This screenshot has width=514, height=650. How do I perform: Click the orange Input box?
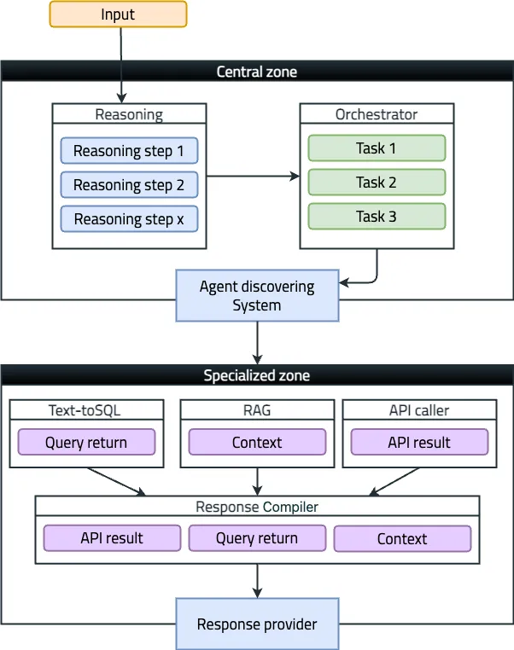click(x=118, y=15)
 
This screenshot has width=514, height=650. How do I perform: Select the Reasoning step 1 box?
click(x=129, y=150)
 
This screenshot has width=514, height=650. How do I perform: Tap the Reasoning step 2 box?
click(x=129, y=184)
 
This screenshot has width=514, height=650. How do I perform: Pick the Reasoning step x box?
click(x=129, y=218)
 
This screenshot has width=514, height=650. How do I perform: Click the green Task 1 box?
click(x=377, y=148)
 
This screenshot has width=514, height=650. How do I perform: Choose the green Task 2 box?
click(x=377, y=182)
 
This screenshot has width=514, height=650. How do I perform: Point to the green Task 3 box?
click(x=377, y=216)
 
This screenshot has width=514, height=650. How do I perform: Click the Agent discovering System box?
click(x=257, y=295)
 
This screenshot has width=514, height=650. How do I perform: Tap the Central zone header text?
click(x=257, y=72)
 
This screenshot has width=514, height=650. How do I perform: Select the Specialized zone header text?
click(x=257, y=375)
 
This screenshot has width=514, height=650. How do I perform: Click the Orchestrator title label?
click(x=377, y=114)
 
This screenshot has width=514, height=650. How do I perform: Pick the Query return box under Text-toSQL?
click(x=86, y=442)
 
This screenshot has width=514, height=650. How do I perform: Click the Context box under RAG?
click(x=257, y=442)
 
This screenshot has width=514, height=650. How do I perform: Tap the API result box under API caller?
click(x=419, y=442)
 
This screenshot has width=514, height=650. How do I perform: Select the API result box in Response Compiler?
click(x=112, y=537)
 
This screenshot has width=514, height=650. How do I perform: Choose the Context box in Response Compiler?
click(x=402, y=538)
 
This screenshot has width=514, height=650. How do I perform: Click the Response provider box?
click(x=257, y=624)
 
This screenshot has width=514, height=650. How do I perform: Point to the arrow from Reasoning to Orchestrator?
click(x=253, y=177)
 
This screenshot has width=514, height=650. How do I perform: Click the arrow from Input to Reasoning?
click(x=121, y=66)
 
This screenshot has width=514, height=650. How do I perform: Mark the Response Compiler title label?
click(x=257, y=507)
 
